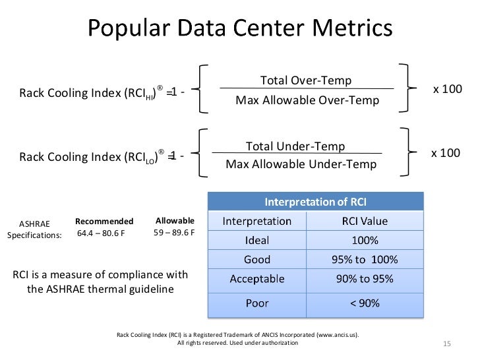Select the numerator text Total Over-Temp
pyautogui.click(x=306, y=80)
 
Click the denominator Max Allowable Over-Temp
pyautogui.click(x=307, y=101)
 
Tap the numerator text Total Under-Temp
pyautogui.click(x=295, y=146)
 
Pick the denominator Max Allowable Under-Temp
pyautogui.click(x=301, y=164)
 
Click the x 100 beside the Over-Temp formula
pyautogui.click(x=447, y=88)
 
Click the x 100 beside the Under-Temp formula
pyautogui.click(x=446, y=153)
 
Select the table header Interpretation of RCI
pyautogui.click(x=316, y=201)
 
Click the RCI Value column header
pyautogui.click(x=362, y=221)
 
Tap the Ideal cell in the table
pyautogui.click(x=257, y=240)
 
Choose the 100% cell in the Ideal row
pyautogui.click(x=365, y=240)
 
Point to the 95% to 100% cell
pyautogui.click(x=365, y=259)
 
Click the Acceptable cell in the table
pyautogui.click(x=257, y=279)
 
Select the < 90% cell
pyautogui.click(x=365, y=303)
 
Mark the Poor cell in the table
pyautogui.click(x=257, y=303)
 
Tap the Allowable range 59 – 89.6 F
pyautogui.click(x=174, y=233)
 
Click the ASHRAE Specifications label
pyautogui.click(x=34, y=229)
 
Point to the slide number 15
pyautogui.click(x=446, y=345)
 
